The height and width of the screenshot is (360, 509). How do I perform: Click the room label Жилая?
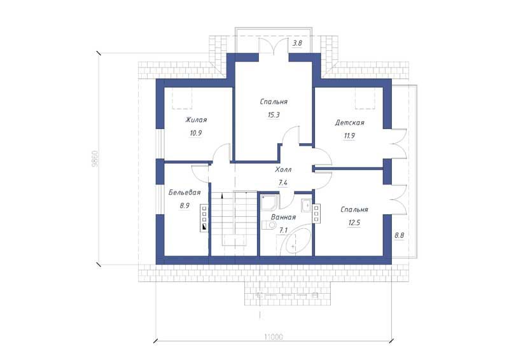(x=196, y=120)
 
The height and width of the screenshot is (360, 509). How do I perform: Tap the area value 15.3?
(x=274, y=115)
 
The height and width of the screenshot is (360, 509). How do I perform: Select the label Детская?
(x=349, y=123)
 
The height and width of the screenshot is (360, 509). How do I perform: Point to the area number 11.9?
(x=349, y=135)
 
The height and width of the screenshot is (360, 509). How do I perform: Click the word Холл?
(x=283, y=169)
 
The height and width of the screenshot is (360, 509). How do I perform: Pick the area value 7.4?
(x=283, y=183)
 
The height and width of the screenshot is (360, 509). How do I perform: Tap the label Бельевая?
(x=185, y=193)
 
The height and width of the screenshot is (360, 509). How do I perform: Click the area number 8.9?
(x=185, y=206)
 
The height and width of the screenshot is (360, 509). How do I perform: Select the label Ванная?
(x=283, y=217)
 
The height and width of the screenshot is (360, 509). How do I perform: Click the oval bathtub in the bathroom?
(x=295, y=242)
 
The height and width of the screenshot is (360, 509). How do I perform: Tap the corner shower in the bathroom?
(x=269, y=202)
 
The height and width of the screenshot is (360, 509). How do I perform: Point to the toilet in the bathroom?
(x=268, y=225)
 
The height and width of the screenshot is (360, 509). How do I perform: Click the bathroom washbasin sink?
(x=307, y=205)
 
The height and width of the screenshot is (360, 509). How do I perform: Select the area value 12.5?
(x=354, y=223)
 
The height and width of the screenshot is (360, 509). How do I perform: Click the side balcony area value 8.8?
(x=399, y=235)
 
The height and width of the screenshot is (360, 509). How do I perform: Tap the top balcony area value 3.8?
(x=297, y=43)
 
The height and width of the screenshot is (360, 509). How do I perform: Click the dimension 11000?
(x=274, y=337)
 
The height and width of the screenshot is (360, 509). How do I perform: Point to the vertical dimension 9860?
(x=94, y=159)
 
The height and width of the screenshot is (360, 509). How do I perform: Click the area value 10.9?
(x=196, y=133)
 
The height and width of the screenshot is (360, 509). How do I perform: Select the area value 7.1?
(x=283, y=230)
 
